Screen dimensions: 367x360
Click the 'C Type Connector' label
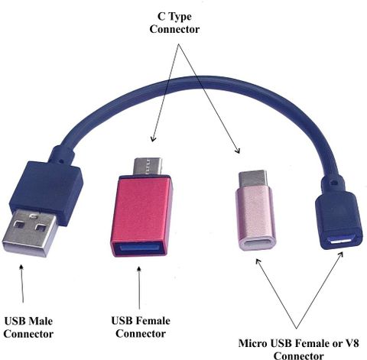coord(174,23)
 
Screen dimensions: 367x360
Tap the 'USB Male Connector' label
coord(28,327)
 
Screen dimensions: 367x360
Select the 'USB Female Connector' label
coord(141,327)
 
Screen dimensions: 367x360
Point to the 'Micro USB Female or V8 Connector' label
coord(299,349)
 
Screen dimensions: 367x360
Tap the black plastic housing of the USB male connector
coord(47,190)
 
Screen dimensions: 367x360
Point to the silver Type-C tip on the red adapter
coord(148,166)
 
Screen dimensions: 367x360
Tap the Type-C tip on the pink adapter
coord(253,180)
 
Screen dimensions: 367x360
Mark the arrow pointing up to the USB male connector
coord(22,284)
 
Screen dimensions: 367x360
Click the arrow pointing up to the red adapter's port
coord(139,288)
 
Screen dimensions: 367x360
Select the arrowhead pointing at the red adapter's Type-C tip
coord(153,139)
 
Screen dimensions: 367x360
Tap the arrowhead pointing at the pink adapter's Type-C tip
coord(237,151)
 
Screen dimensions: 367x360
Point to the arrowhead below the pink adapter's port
coord(258,261)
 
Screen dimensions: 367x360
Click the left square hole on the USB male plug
coord(19,225)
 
